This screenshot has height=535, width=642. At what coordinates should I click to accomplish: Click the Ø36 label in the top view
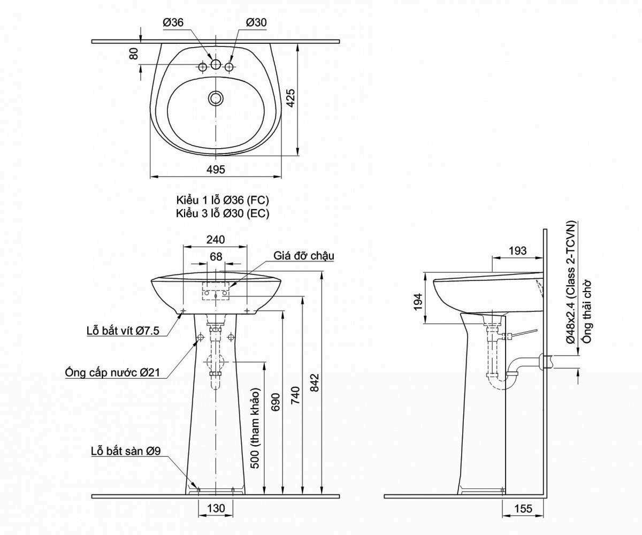click(173, 22)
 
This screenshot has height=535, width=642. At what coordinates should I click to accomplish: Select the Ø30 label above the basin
click(256, 22)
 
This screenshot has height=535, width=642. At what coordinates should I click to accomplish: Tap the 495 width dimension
click(215, 169)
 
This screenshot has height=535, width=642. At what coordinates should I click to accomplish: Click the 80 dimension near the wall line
click(134, 53)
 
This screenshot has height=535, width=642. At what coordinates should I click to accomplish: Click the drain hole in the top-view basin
click(216, 98)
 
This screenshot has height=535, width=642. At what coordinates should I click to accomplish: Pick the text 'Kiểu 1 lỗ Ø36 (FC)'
click(223, 200)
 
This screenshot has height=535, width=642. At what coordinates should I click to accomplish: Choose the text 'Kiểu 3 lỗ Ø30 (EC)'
click(223, 213)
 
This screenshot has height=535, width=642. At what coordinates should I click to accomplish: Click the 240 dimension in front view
click(215, 239)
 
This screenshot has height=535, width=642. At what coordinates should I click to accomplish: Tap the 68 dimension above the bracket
click(216, 257)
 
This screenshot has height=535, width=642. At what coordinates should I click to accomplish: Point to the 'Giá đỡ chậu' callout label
click(304, 256)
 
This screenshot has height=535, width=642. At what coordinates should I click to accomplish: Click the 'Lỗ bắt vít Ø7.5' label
click(123, 331)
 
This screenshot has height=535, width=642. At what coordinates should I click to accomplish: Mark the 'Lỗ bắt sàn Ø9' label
click(126, 451)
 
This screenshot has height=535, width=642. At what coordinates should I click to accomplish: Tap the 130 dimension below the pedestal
click(216, 508)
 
